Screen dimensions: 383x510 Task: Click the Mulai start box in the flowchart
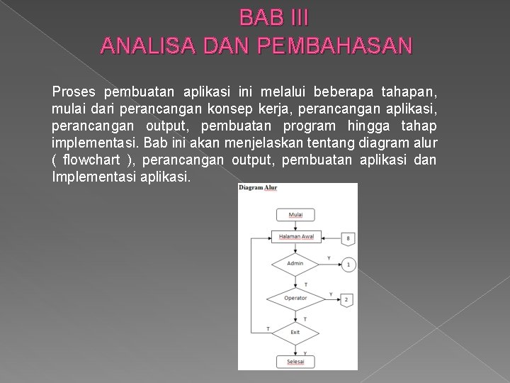(x=296, y=215)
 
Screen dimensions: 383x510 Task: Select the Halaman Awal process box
(x=296, y=237)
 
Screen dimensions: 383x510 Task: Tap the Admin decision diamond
(x=296, y=264)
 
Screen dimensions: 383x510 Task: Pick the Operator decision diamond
(x=296, y=298)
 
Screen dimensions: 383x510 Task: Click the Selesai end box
(x=296, y=361)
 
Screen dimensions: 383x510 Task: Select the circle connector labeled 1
(x=348, y=265)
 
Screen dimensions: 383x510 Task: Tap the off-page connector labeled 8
(x=348, y=238)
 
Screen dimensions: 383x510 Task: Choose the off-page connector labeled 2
(x=346, y=299)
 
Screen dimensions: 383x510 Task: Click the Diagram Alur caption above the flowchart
(x=258, y=188)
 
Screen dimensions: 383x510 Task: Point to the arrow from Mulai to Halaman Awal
(x=296, y=226)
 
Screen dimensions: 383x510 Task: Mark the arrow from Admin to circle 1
(x=329, y=264)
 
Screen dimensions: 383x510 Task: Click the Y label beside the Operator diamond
(x=331, y=294)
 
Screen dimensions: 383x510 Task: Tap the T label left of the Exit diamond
(x=267, y=328)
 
